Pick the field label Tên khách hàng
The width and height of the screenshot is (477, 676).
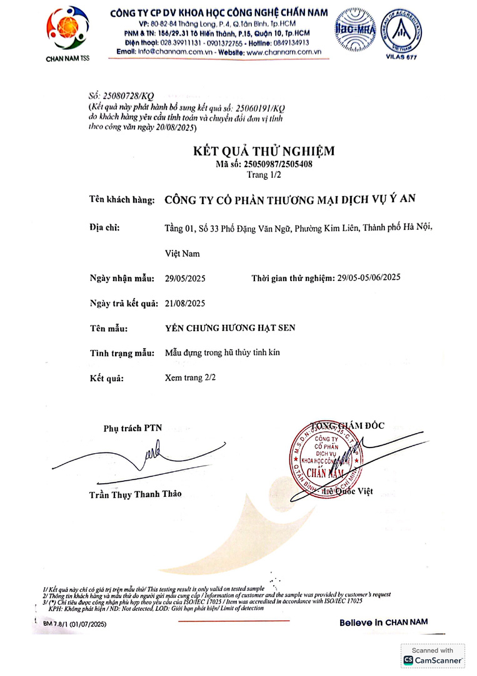click(122, 200)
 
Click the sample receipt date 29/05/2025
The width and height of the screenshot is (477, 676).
click(185, 277)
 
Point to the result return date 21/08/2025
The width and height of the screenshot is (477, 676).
click(185, 303)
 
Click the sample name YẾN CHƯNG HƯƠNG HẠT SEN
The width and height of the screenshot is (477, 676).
click(229, 328)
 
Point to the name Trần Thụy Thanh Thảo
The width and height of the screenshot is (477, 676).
click(135, 494)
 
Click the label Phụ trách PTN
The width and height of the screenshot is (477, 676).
click(133, 428)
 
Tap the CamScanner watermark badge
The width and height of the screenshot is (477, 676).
click(433, 656)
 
